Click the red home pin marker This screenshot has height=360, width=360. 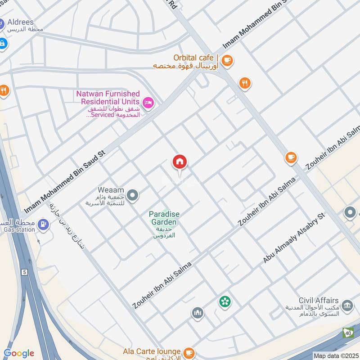coord(180,162)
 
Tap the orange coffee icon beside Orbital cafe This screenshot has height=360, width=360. coord(227,60)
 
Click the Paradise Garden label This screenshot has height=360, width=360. coord(163,218)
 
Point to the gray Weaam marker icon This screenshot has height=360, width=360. coord(132,195)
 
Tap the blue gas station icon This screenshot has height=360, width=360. coord(43,223)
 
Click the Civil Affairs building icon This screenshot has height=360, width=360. coord(346,306)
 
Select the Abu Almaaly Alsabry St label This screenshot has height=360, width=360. coord(294,238)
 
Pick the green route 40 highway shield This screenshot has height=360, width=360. coord(347,333)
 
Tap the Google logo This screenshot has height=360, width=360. coord(19,353)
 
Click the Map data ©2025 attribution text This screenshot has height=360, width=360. coord(335,355)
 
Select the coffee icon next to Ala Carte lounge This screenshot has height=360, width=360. coord(189,351)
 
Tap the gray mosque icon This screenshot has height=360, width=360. coord(198,313)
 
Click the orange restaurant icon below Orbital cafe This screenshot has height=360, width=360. coord(245,83)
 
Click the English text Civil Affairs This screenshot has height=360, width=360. coord(318,300)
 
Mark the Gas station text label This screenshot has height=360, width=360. coord(19,230)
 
